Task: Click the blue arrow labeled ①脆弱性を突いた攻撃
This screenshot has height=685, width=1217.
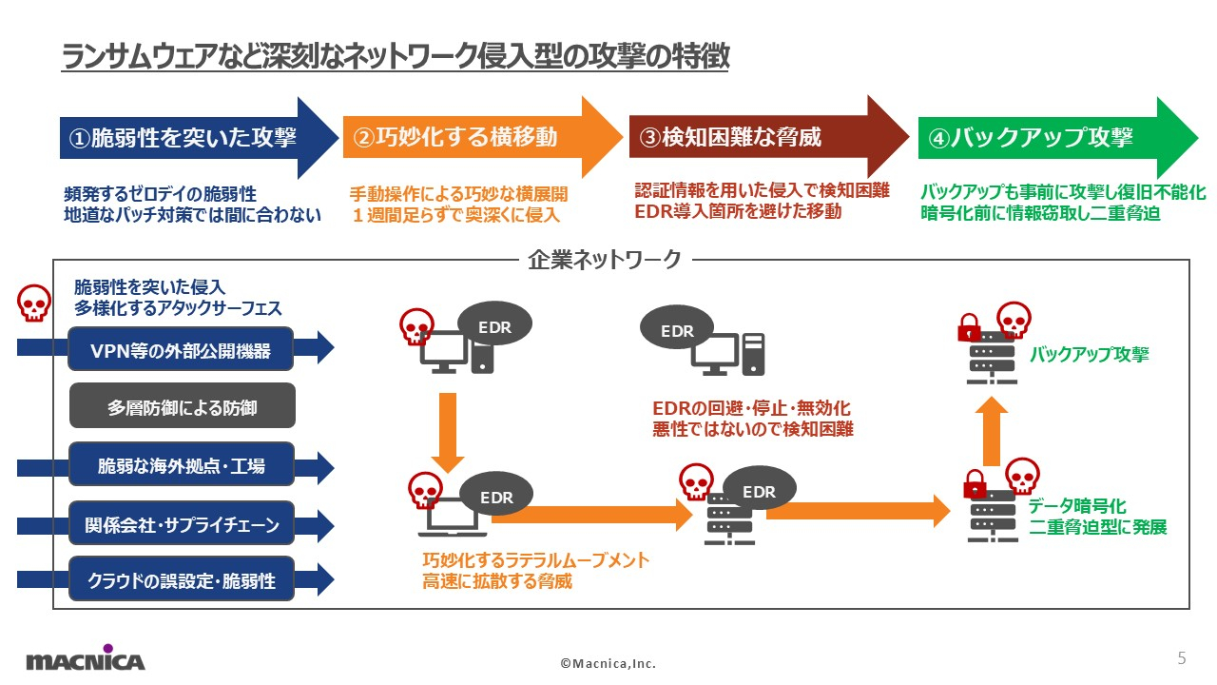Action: pyautogui.click(x=199, y=138)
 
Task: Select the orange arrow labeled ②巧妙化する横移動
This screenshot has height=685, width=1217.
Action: pyautogui.click(x=482, y=137)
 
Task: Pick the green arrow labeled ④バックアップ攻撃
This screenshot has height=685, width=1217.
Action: pyautogui.click(x=1058, y=137)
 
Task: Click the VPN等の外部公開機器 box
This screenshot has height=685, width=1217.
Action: pyautogui.click(x=181, y=349)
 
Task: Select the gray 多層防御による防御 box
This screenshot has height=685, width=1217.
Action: pyautogui.click(x=183, y=405)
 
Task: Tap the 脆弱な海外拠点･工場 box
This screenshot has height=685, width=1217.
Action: pyautogui.click(x=182, y=464)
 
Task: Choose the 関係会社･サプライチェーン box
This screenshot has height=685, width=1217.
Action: pyautogui.click(x=182, y=523)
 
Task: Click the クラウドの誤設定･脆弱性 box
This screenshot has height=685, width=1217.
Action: pyautogui.click(x=182, y=578)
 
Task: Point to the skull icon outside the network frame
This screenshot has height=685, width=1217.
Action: pyautogui.click(x=34, y=303)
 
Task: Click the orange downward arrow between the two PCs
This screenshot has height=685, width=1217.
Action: pyautogui.click(x=448, y=433)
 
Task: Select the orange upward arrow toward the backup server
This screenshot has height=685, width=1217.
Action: pyautogui.click(x=992, y=431)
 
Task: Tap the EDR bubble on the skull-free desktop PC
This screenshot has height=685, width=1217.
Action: pyautogui.click(x=677, y=329)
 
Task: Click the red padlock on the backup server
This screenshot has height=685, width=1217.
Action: pyautogui.click(x=969, y=327)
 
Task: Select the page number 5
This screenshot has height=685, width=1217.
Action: pyautogui.click(x=1182, y=657)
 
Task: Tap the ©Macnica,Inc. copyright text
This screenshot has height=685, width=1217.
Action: pyautogui.click(x=608, y=663)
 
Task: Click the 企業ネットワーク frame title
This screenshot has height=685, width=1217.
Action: pyautogui.click(x=604, y=260)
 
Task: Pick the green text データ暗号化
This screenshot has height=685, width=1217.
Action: pyautogui.click(x=1077, y=505)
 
